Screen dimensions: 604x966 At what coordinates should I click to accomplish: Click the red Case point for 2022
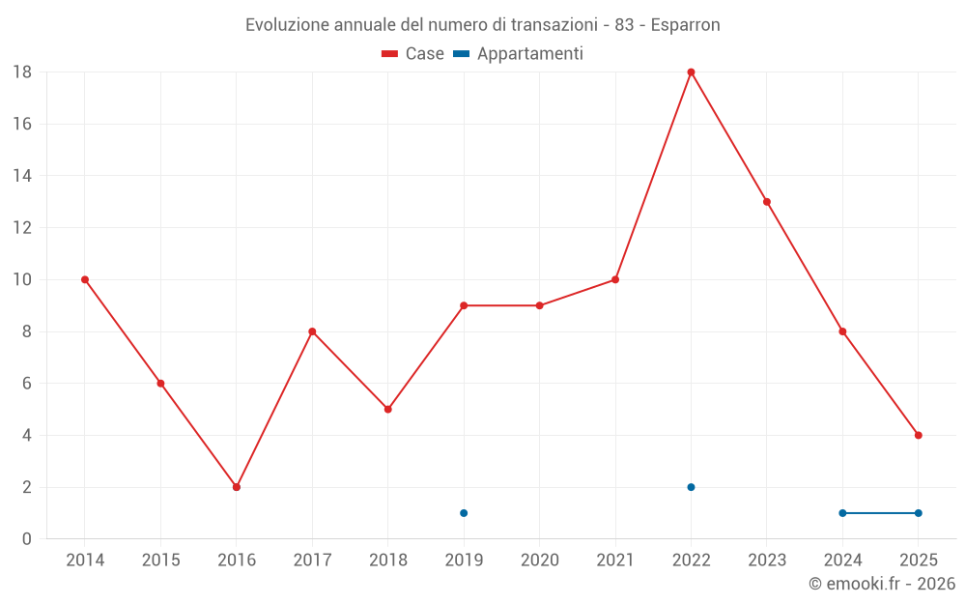(x=691, y=72)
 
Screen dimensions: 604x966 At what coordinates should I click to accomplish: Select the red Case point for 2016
(x=237, y=487)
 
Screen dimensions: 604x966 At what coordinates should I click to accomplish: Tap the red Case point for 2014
(x=85, y=280)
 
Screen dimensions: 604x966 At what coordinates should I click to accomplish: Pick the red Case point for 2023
(x=767, y=202)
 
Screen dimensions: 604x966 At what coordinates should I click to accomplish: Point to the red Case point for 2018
(x=388, y=410)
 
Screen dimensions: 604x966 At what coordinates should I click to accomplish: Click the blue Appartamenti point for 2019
(x=464, y=513)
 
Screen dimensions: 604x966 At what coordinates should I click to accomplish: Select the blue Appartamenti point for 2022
(x=691, y=487)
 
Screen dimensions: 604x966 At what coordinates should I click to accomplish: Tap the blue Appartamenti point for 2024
(x=842, y=513)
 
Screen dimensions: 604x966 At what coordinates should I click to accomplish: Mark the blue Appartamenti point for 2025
(x=919, y=513)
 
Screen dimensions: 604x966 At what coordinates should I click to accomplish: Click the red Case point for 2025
(x=919, y=435)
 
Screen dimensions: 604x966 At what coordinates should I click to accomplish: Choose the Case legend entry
(x=413, y=54)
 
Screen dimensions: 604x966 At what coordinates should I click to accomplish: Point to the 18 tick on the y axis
(x=22, y=72)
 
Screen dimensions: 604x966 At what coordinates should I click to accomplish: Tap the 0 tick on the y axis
(x=27, y=539)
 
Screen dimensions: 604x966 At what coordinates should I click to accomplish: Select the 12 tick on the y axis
(x=22, y=228)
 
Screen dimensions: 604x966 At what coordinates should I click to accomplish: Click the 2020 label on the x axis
(x=540, y=561)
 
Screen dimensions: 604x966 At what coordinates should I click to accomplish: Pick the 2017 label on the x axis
(x=312, y=561)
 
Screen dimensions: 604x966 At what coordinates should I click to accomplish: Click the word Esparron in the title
(x=685, y=25)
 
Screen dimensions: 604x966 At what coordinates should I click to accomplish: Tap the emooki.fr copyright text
(x=882, y=584)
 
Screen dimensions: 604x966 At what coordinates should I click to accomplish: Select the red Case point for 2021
(x=615, y=280)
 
